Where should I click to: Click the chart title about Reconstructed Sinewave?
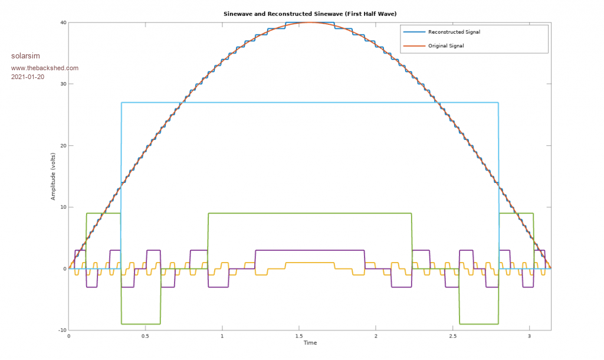point(310,13)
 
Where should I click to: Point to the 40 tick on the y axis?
point(63,23)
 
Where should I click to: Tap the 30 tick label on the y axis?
point(63,84)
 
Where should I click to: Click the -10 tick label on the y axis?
point(61,330)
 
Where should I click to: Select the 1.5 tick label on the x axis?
point(299,336)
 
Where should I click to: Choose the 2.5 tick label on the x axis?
point(452,336)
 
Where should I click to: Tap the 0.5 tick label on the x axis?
point(146,336)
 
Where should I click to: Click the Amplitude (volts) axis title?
point(53,176)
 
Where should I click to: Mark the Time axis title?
point(310,343)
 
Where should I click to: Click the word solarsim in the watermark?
point(25,56)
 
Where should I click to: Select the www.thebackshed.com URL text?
point(45,68)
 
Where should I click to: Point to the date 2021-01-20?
point(28,77)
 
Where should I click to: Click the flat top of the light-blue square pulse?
point(310,103)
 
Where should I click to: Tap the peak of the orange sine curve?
point(310,22)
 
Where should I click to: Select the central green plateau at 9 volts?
point(310,213)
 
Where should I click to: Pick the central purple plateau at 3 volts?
point(310,250)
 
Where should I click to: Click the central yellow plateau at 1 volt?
point(310,263)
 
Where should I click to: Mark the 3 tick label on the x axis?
point(529,336)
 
